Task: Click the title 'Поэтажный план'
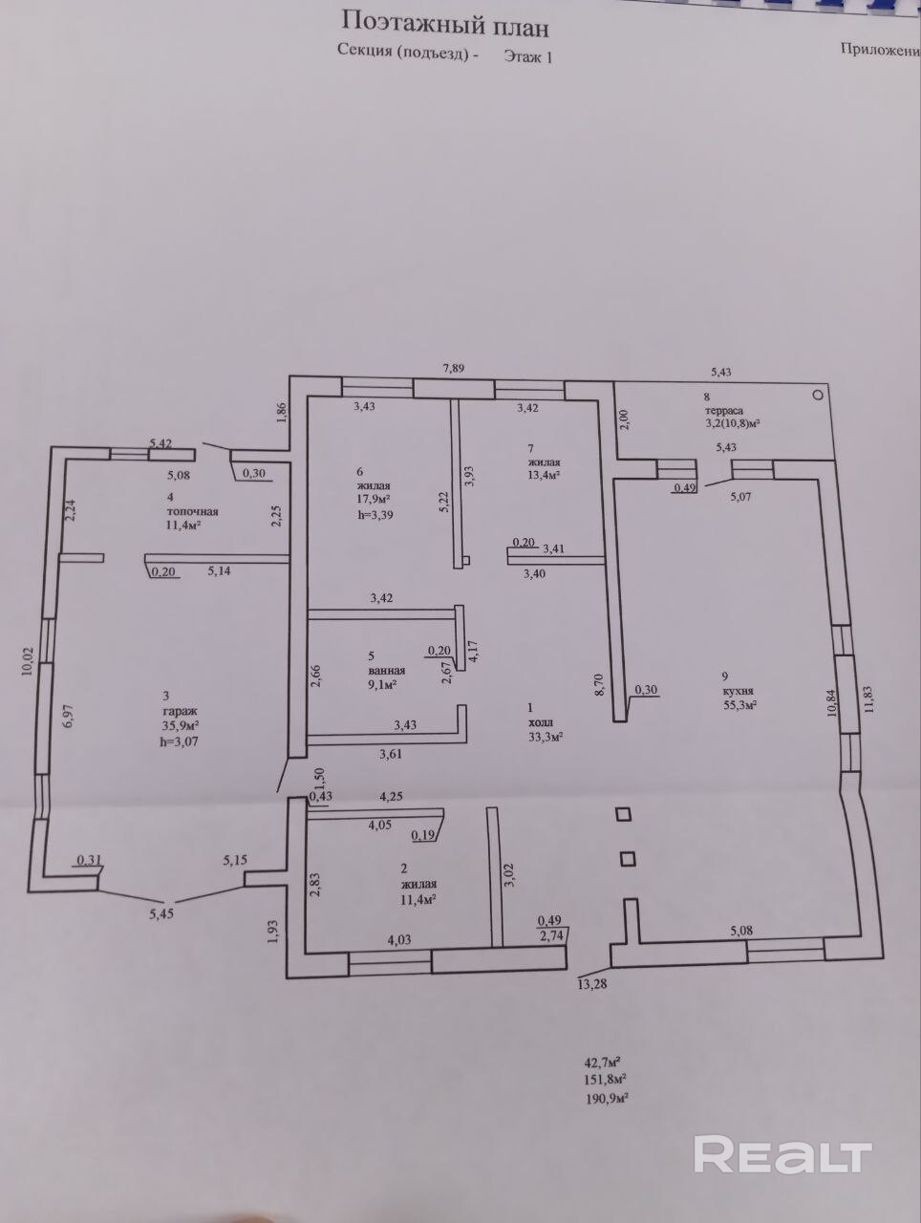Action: (x=445, y=21)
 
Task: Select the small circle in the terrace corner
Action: (x=817, y=393)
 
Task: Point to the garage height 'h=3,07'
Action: (x=185, y=740)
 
